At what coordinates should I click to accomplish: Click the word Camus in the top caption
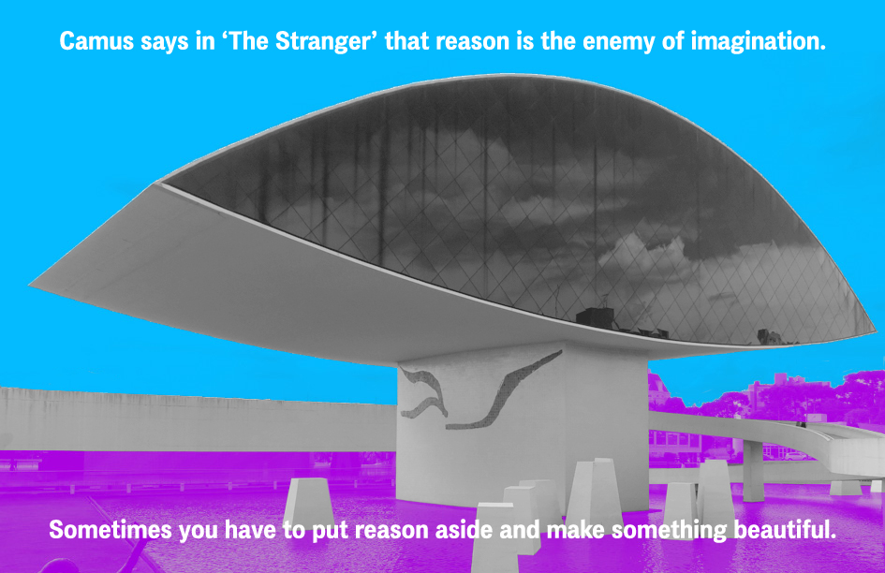[96, 41]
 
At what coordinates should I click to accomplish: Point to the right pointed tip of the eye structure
[875, 331]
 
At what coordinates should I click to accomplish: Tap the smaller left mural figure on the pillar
[423, 392]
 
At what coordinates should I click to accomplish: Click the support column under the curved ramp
[753, 471]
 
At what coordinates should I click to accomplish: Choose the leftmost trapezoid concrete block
[307, 504]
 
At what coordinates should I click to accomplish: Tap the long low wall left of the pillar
[198, 419]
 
